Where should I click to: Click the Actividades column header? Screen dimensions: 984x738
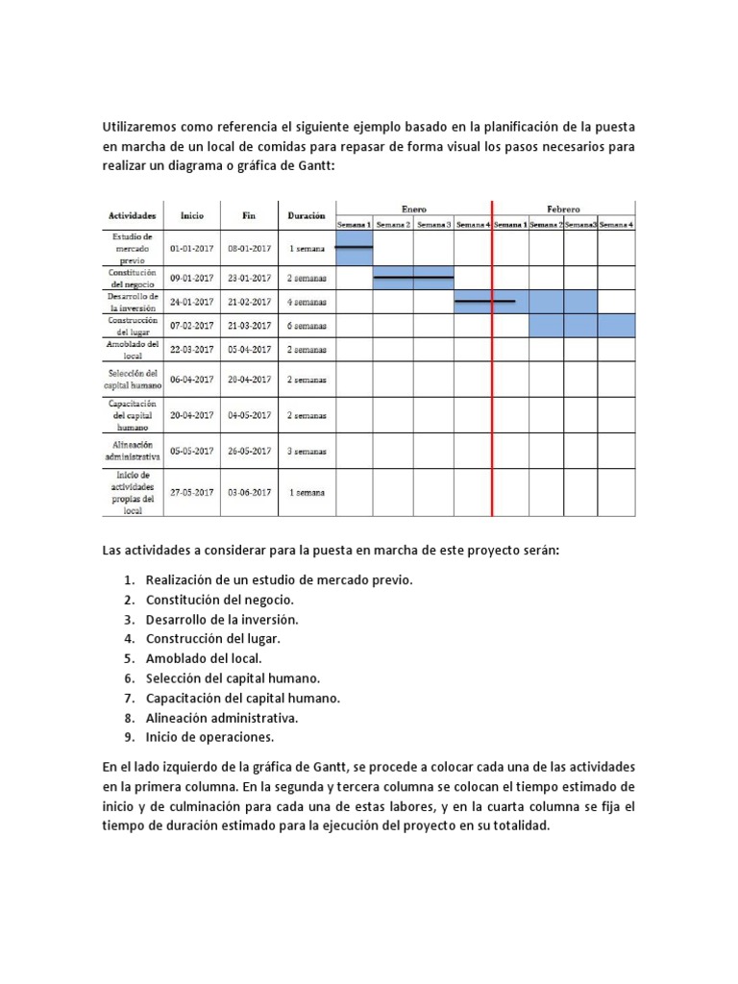[132, 216]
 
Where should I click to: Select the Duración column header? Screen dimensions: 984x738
[307, 216]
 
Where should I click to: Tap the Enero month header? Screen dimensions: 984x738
[413, 209]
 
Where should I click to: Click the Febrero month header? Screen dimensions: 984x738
[563, 209]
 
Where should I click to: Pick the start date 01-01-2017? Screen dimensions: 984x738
[192, 248]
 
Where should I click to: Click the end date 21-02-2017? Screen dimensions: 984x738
[250, 302]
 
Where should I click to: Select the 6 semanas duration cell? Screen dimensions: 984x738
[307, 326]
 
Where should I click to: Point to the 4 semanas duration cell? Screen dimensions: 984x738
[307, 302]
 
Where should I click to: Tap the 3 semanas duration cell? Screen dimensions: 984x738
[307, 451]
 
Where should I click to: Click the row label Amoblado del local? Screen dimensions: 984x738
[132, 349]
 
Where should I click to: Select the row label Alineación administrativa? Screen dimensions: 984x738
[132, 451]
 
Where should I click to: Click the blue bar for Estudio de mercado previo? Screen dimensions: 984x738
[354, 248]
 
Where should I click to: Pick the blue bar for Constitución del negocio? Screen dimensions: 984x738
[413, 278]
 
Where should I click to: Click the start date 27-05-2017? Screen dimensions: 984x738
[192, 492]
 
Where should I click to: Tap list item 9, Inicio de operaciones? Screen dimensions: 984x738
[209, 737]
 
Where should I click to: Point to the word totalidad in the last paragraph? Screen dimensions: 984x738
[515, 827]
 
